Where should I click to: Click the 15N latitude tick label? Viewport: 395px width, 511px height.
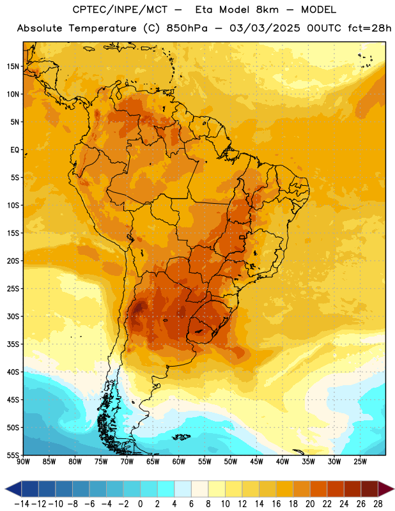click(x=13, y=66)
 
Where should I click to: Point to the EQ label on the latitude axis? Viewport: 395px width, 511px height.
click(x=15, y=150)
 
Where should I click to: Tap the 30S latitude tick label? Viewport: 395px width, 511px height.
click(x=13, y=316)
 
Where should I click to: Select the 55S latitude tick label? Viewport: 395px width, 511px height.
click(x=13, y=455)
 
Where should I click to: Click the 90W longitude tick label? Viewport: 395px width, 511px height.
click(x=24, y=461)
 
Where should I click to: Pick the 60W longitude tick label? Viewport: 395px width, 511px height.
click(x=179, y=461)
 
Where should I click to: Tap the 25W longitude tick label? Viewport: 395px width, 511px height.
click(x=360, y=461)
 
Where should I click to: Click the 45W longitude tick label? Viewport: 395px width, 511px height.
click(x=256, y=461)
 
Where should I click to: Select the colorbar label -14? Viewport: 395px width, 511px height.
click(x=22, y=504)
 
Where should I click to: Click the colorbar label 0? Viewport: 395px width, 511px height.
click(x=140, y=504)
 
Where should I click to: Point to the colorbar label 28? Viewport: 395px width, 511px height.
click(x=378, y=504)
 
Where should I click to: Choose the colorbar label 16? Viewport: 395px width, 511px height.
click(x=276, y=504)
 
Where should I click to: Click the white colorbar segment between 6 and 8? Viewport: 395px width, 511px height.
click(x=199, y=489)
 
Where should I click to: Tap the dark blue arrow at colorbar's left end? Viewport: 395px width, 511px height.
click(x=13, y=489)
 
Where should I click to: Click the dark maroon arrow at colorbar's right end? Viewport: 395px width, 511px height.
click(x=386, y=489)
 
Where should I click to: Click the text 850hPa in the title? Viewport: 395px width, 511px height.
click(x=187, y=28)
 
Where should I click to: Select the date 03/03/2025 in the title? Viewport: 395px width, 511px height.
click(x=265, y=28)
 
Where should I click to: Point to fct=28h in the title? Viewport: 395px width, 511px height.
click(x=369, y=28)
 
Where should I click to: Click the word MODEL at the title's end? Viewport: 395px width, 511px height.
click(x=318, y=10)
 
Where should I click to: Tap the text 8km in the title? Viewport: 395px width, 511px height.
click(x=267, y=10)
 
